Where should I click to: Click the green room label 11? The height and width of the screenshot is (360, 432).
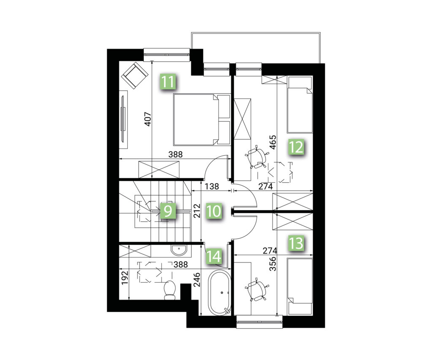(x=168, y=82)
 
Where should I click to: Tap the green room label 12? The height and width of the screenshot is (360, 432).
(x=296, y=147)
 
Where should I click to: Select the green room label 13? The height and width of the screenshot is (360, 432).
(x=296, y=243)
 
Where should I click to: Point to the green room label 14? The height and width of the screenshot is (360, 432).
(x=214, y=256)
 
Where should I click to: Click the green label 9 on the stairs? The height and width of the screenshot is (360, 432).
(x=168, y=211)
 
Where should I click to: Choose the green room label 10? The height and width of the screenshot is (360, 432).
(x=214, y=211)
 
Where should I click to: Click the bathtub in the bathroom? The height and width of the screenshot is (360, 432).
(x=219, y=292)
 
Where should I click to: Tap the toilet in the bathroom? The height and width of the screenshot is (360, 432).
(x=170, y=290)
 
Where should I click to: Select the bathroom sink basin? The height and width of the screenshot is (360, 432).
(x=178, y=250)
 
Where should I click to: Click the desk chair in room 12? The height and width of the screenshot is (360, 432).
(x=256, y=157)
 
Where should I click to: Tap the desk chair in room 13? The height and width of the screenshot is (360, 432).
(x=256, y=290)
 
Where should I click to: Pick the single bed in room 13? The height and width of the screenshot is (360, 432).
(x=300, y=287)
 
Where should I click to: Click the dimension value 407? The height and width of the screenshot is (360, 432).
(x=148, y=119)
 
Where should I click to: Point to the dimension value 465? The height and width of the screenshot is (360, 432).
(x=273, y=142)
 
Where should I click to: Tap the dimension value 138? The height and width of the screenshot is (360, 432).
(x=212, y=187)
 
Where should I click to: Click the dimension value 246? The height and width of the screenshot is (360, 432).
(x=197, y=280)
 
